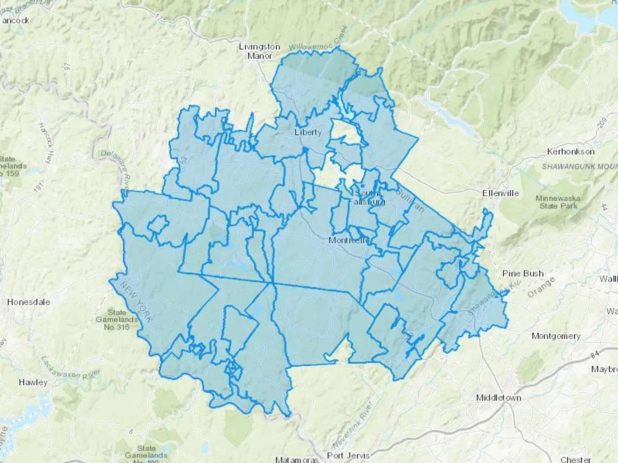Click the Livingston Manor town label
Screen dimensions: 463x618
click(260, 51)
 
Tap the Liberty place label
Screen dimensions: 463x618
click(308, 132)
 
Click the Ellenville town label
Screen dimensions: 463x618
click(500, 193)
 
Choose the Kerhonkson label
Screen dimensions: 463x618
click(571, 151)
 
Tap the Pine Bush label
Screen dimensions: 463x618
click(523, 273)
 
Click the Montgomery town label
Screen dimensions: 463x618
click(556, 336)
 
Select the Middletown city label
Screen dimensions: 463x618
click(499, 398)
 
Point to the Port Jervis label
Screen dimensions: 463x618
click(348, 455)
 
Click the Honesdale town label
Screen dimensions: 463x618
click(28, 302)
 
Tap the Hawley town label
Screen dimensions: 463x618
click(33, 382)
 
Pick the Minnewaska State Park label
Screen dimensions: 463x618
click(558, 202)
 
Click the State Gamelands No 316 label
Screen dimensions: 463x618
click(117, 320)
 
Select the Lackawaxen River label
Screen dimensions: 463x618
click(70, 368)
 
